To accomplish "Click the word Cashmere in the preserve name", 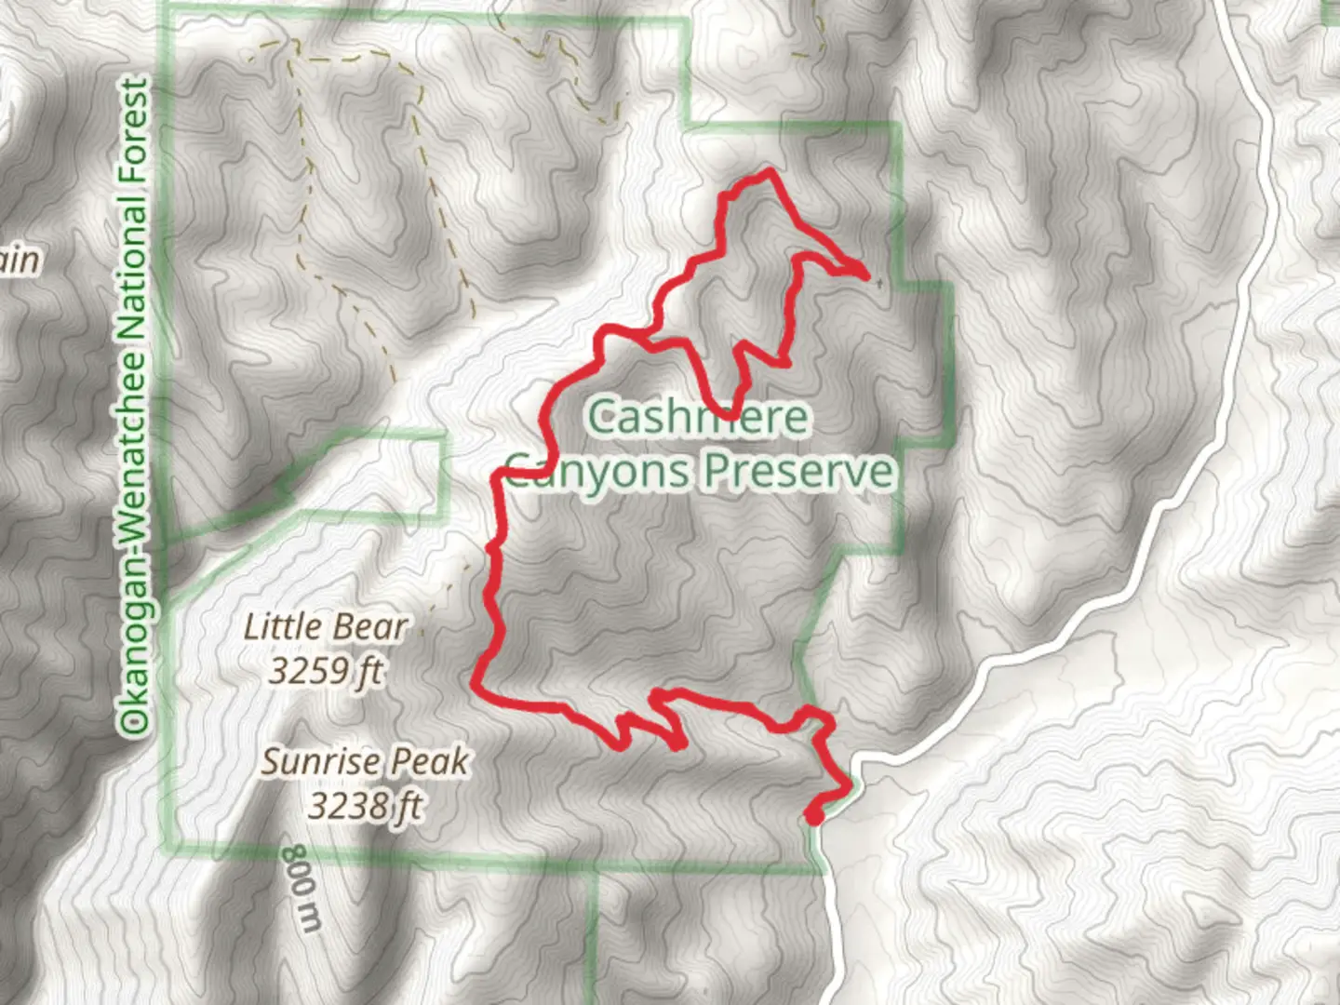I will pos(698,417).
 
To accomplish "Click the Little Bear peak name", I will pos(326,627).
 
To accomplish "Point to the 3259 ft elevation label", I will pos(326,670).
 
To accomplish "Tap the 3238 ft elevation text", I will pos(365,805).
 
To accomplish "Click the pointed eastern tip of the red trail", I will pos(865,275).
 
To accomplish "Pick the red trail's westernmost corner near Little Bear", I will pos(477,686).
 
